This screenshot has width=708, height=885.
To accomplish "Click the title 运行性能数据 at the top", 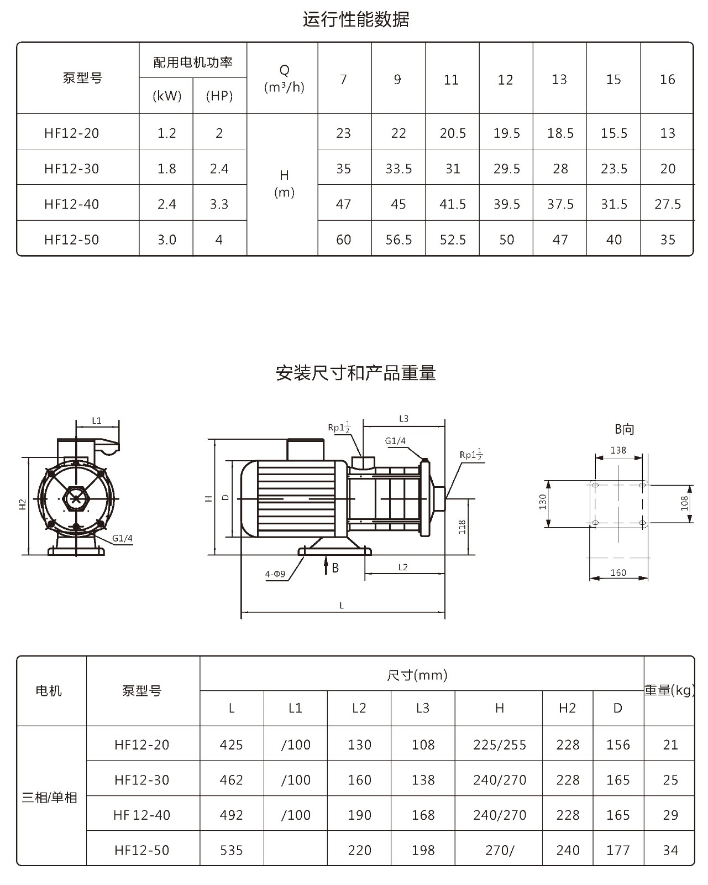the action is (356, 19).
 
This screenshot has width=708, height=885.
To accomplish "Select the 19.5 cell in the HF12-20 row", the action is (506, 133).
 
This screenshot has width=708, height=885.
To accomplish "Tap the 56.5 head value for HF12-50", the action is (398, 240).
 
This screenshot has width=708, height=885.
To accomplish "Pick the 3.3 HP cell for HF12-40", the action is (219, 205).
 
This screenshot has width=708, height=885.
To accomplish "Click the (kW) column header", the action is (167, 96).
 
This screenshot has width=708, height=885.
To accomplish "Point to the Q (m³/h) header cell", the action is (284, 79).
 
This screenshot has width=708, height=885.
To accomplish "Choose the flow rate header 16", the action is (667, 79).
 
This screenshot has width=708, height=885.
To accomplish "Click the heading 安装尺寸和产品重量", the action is (356, 373).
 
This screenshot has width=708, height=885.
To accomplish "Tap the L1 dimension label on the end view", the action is (97, 420).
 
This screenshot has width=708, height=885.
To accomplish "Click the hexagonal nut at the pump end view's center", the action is (76, 498).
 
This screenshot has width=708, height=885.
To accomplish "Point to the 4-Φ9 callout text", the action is (275, 574).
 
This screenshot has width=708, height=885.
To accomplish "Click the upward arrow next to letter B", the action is (326, 565).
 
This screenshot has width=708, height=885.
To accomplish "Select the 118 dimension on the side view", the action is (462, 527).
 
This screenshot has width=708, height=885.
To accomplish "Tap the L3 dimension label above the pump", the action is (404, 419).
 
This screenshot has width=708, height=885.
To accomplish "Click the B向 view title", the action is (624, 429).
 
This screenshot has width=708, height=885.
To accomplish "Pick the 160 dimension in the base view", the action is (618, 572).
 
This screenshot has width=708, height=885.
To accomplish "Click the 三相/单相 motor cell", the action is (49, 798).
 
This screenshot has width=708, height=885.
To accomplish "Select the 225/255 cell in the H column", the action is (499, 745).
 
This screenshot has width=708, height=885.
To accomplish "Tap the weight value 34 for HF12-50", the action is (670, 850).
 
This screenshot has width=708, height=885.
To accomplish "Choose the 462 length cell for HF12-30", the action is (232, 780).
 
